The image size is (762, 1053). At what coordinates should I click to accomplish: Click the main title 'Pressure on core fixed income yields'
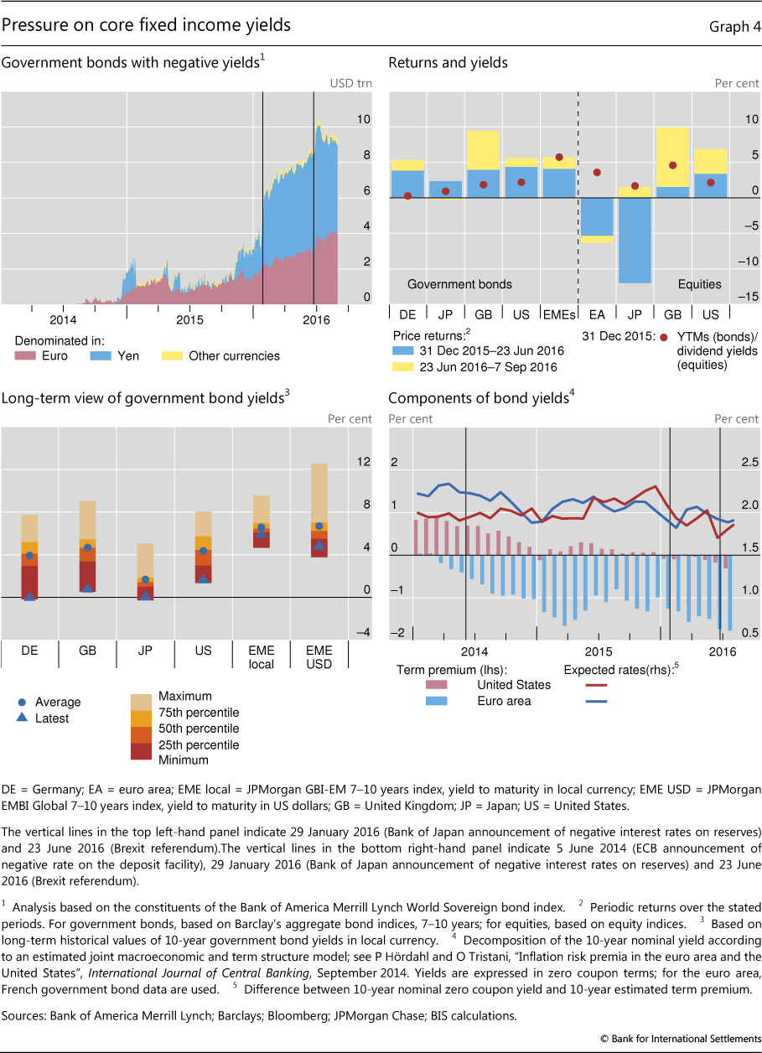pyautogui.click(x=147, y=26)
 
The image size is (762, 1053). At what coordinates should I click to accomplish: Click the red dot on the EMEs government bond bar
pyautogui.click(x=559, y=157)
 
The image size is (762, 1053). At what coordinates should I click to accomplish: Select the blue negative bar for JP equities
pyautogui.click(x=635, y=240)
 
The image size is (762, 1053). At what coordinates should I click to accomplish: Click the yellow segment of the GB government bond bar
pyautogui.click(x=484, y=149)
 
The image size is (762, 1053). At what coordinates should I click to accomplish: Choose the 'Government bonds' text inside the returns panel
pyautogui.click(x=459, y=284)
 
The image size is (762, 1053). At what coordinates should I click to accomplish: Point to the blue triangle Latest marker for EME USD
pyautogui.click(x=319, y=545)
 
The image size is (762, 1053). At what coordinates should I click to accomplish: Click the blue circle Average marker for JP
pyautogui.click(x=146, y=579)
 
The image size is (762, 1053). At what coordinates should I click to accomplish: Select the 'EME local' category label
pyautogui.click(x=261, y=656)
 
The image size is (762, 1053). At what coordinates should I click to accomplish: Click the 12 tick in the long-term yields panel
pyautogui.click(x=363, y=462)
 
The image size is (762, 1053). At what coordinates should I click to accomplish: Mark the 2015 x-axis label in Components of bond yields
pyautogui.click(x=598, y=651)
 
